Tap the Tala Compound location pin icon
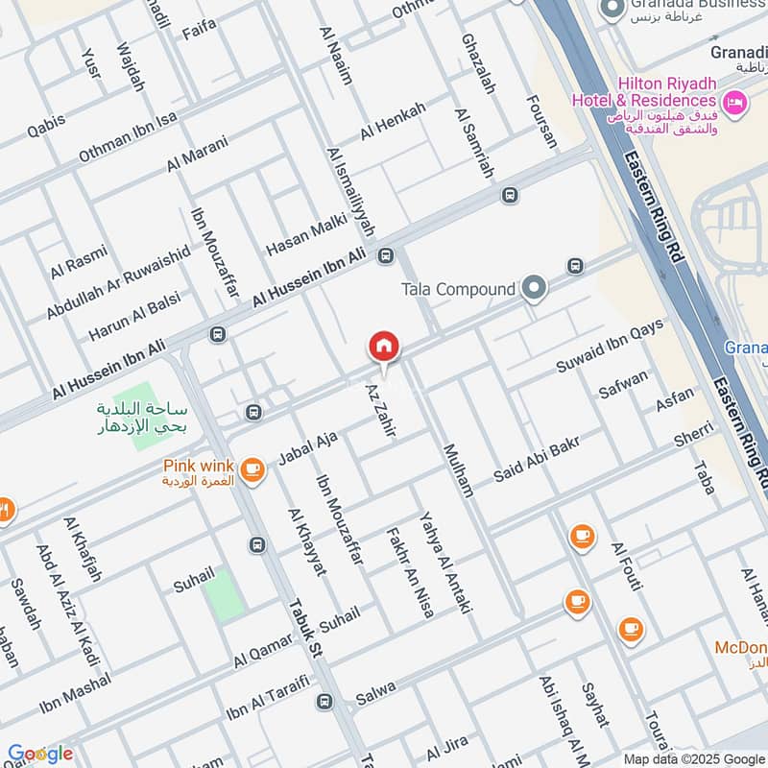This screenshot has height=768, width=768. (535, 288)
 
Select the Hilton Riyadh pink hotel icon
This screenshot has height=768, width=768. (735, 102)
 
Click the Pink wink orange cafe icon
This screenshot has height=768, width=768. (252, 468)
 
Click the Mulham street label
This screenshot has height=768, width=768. (457, 469)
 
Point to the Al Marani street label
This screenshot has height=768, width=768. (198, 154)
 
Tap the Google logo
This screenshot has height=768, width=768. (40, 754)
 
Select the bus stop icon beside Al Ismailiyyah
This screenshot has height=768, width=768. (387, 255)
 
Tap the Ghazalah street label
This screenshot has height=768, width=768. (477, 63)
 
